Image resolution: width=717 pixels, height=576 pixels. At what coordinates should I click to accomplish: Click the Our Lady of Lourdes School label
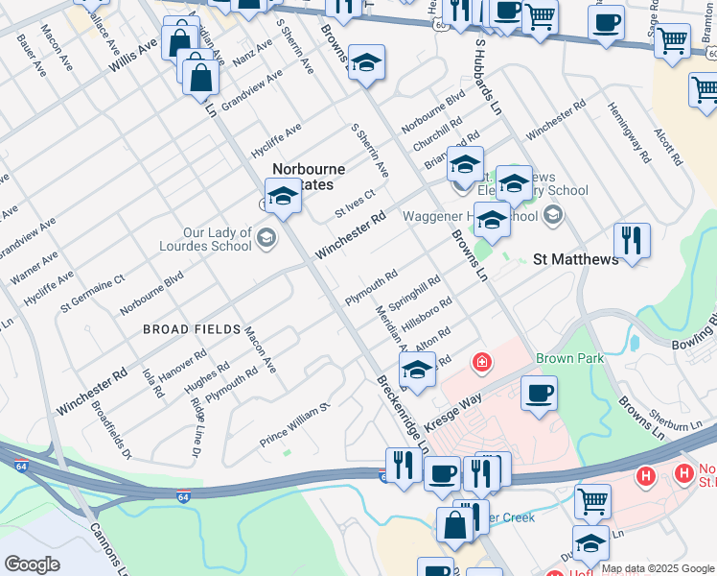point(219,239)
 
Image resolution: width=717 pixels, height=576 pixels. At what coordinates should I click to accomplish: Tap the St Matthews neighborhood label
point(575,259)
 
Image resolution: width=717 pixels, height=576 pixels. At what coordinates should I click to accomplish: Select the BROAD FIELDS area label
point(192,329)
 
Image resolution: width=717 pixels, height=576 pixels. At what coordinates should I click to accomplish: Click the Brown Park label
point(569,357)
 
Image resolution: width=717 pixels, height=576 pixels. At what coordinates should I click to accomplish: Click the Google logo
point(32,564)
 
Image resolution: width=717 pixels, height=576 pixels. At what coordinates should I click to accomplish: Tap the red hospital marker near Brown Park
point(482,362)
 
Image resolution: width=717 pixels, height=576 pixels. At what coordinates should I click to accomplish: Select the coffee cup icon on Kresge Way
point(539,392)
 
